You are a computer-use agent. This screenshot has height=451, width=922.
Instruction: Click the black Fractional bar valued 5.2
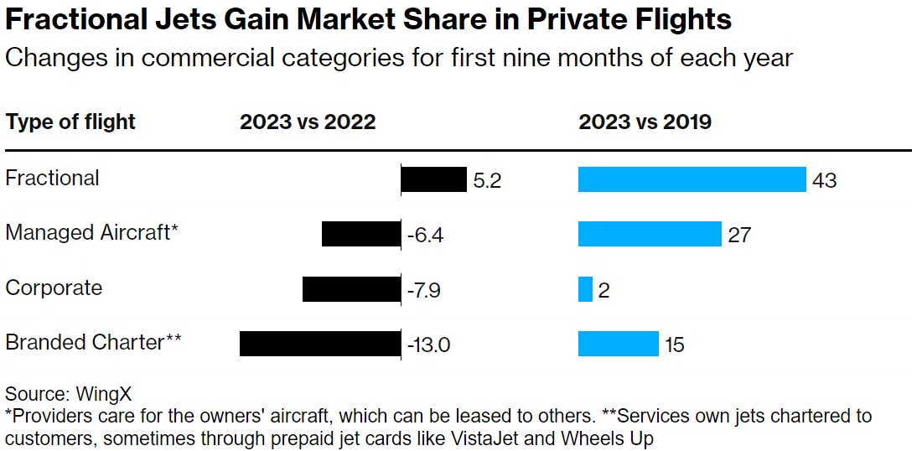click(433, 179)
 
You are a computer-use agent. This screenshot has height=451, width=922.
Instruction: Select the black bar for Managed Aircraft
click(361, 234)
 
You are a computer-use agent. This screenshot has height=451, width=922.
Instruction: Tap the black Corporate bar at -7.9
click(351, 289)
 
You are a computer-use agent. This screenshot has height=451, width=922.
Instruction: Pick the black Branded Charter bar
click(320, 344)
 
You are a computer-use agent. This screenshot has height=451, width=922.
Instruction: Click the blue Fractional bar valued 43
click(692, 179)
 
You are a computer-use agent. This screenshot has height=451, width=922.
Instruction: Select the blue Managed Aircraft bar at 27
click(650, 234)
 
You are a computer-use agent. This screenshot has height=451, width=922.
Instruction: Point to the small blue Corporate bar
click(585, 289)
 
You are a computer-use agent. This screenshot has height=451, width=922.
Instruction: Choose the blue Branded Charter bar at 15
click(619, 344)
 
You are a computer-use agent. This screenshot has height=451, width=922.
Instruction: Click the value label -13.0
click(428, 345)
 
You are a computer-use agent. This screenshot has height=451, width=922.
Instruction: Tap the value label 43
click(825, 180)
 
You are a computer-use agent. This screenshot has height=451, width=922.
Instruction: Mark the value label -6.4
click(425, 235)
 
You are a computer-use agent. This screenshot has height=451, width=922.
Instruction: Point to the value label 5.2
click(487, 180)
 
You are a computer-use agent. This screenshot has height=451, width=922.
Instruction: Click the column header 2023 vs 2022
click(308, 122)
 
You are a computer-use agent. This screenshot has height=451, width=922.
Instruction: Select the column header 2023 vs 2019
click(645, 122)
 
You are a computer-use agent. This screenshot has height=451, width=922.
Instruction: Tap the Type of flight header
click(70, 122)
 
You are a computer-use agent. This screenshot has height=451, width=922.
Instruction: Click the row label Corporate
click(54, 288)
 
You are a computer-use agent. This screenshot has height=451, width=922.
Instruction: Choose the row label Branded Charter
click(93, 342)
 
